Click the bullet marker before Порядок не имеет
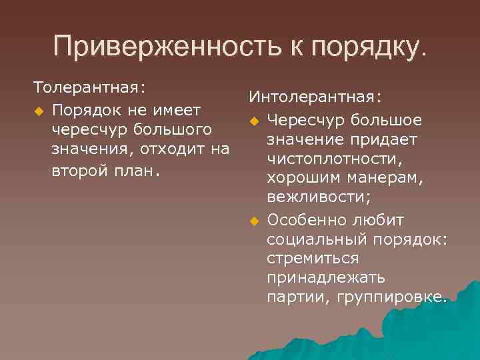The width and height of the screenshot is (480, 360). click(x=39, y=109)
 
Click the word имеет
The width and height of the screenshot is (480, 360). click(x=173, y=108)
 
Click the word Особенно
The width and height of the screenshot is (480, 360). click(x=304, y=220)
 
